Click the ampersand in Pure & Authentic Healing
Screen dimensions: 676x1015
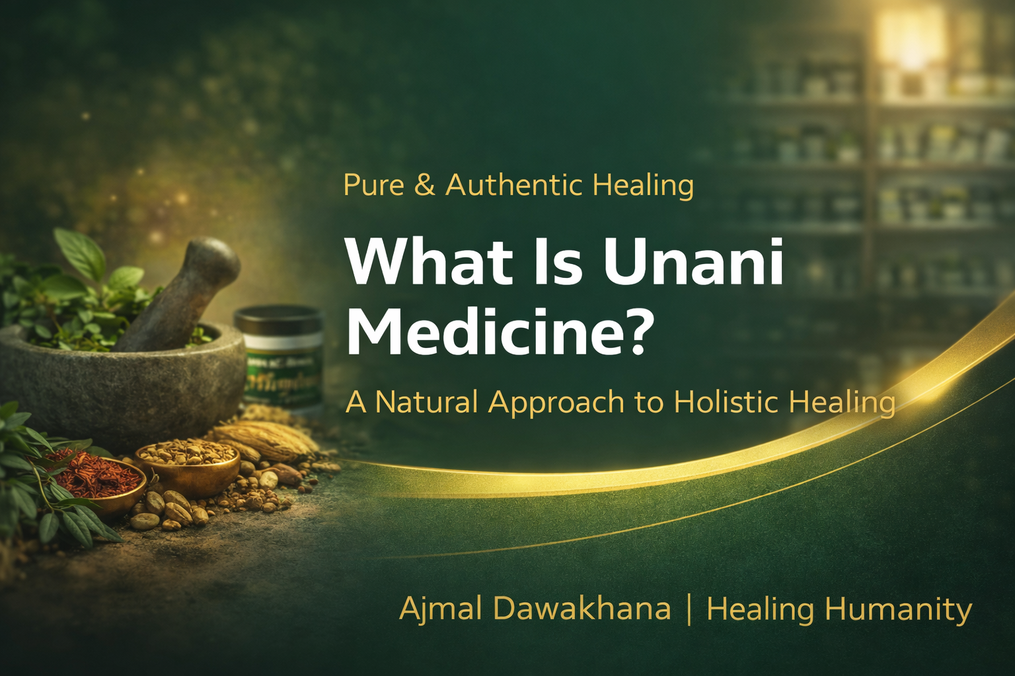click(425, 186)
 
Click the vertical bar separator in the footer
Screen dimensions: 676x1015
click(689, 608)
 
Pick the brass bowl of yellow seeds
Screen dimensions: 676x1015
click(188, 462)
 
